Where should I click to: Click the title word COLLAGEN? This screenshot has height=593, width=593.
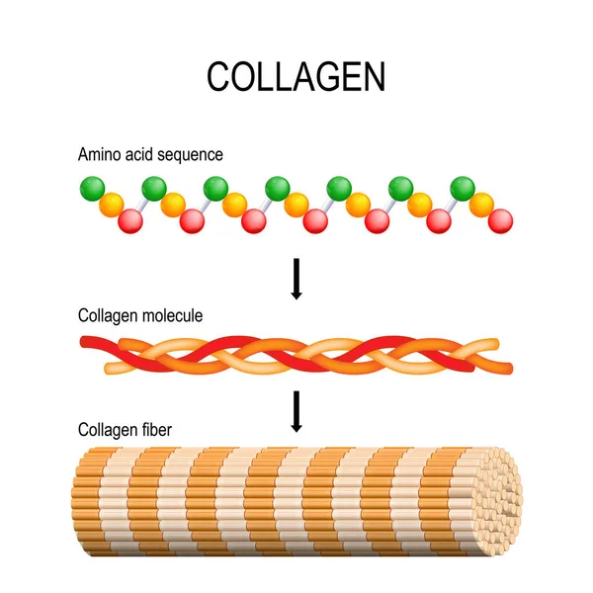(296, 77)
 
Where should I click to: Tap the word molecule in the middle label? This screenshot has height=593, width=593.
(169, 316)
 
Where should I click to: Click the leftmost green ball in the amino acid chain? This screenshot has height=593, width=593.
(92, 187)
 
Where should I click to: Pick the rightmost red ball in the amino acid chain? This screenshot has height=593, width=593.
(501, 220)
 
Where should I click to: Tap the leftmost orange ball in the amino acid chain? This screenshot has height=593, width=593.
(111, 205)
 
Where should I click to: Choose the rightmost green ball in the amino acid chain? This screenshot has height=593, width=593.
(463, 187)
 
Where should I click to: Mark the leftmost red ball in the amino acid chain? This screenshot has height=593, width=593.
(130, 221)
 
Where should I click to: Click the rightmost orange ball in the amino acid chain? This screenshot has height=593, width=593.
(481, 205)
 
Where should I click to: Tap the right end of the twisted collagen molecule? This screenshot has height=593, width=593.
(508, 368)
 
